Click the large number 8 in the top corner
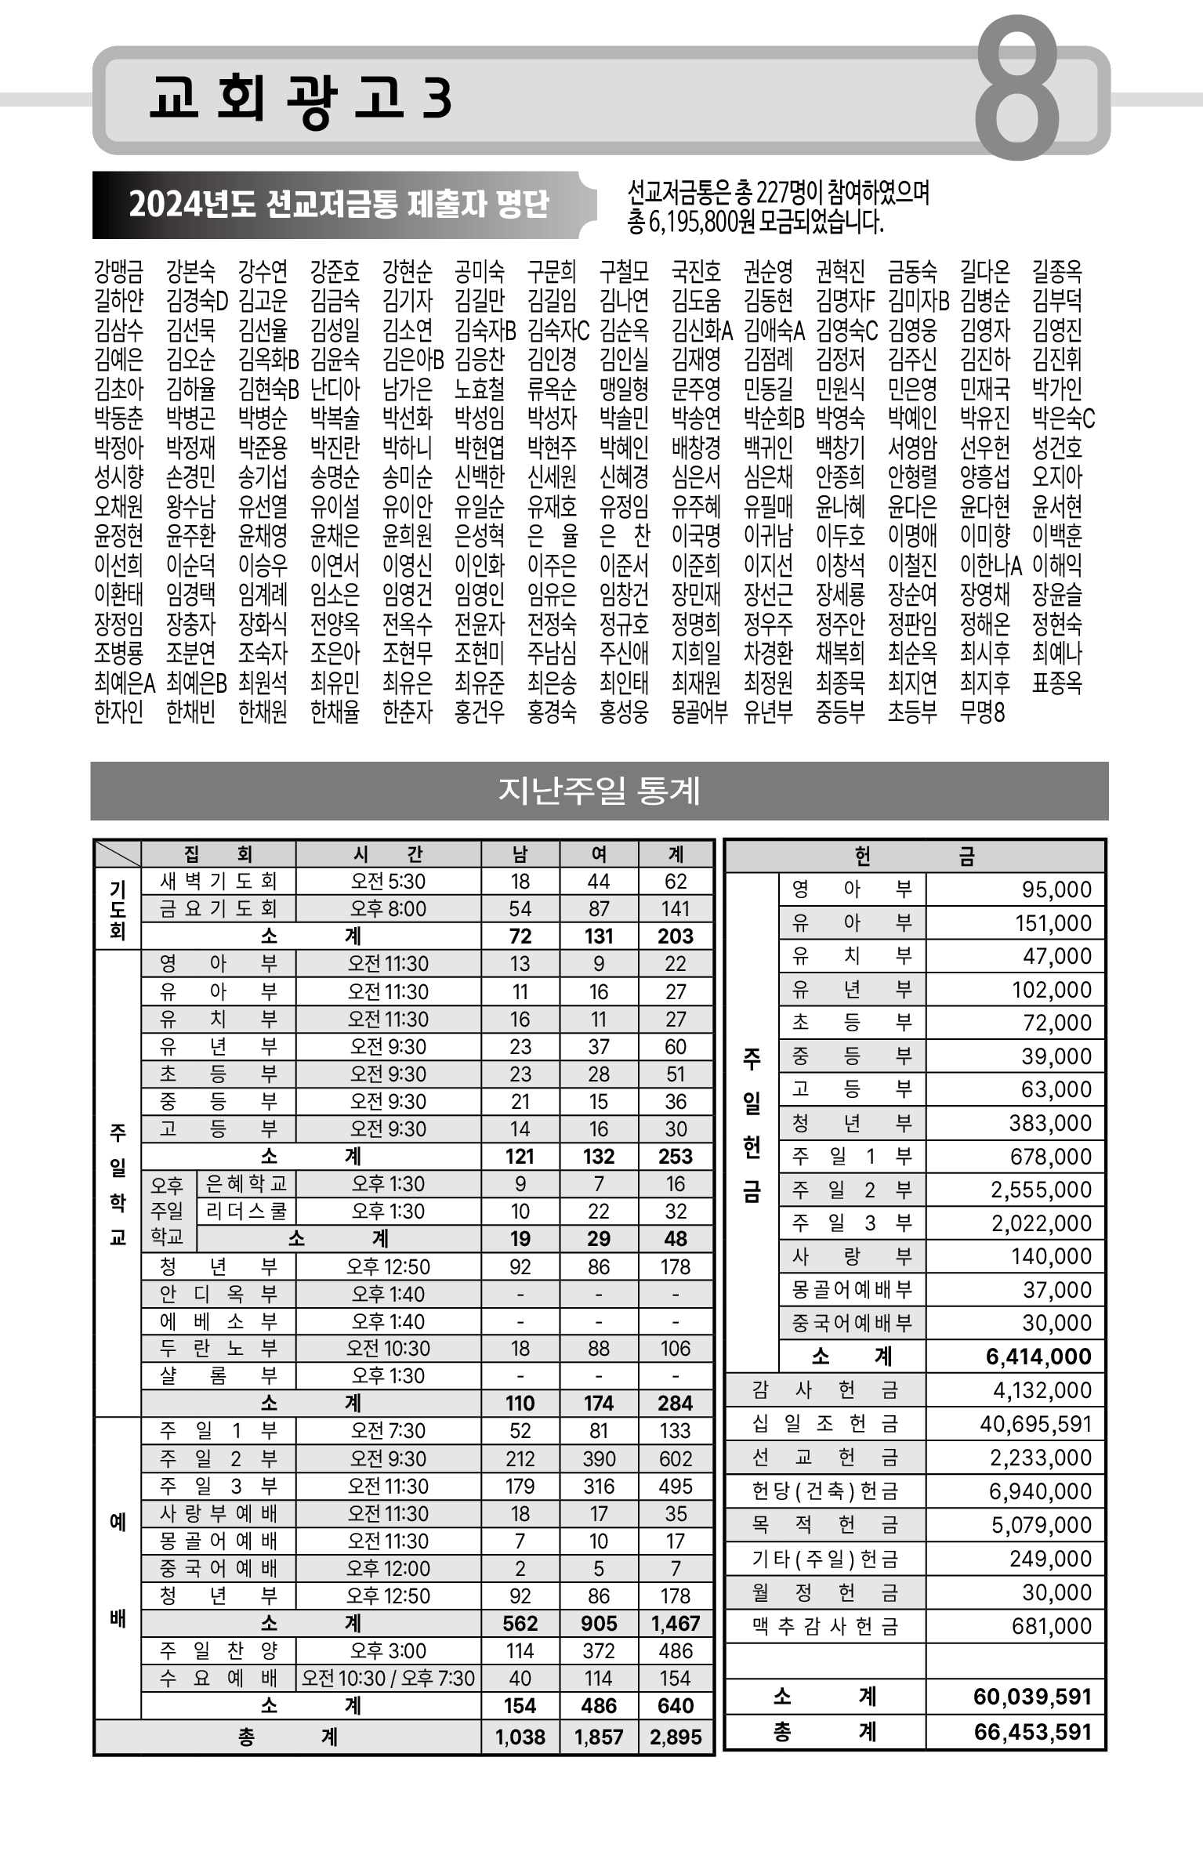click(1016, 88)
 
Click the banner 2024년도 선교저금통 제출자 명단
click(339, 205)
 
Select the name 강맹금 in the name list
click(118, 272)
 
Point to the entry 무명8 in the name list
click(982, 712)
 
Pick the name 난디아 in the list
click(335, 389)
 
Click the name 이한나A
click(991, 565)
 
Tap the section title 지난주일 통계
click(600, 791)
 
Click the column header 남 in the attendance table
click(520, 854)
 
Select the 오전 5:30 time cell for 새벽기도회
click(388, 882)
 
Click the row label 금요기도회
click(219, 909)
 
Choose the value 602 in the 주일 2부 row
click(676, 1458)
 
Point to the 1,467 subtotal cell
click(676, 1623)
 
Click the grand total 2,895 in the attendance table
click(676, 1737)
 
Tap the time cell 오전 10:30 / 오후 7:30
click(388, 1678)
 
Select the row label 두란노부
click(219, 1348)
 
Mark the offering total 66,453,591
click(1032, 1732)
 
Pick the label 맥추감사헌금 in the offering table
click(824, 1627)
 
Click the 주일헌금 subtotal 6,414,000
click(1038, 1357)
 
